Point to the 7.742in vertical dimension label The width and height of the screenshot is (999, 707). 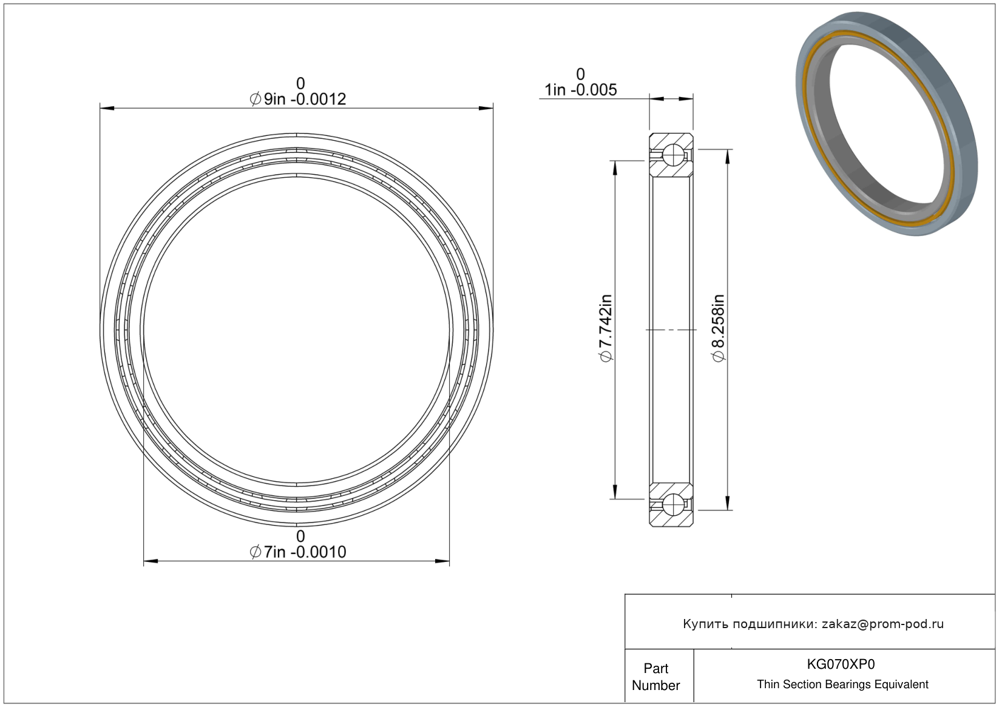[606, 328]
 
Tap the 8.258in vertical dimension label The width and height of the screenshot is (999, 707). [719, 328]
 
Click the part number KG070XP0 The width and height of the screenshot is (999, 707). [841, 664]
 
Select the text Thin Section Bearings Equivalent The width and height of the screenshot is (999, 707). [842, 685]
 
